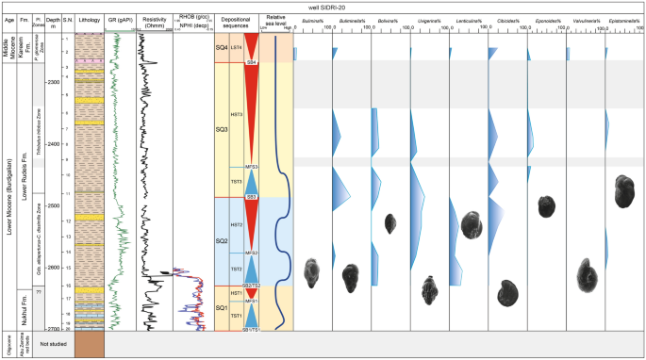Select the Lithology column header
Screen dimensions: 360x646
pyautogui.click(x=90, y=19)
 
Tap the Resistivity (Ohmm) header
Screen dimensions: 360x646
pyautogui.click(x=156, y=21)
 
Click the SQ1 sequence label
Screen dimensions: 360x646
pyautogui.click(x=223, y=308)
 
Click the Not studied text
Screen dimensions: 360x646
pyautogui.click(x=53, y=346)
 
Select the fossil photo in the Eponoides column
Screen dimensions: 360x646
pyautogui.click(x=545, y=205)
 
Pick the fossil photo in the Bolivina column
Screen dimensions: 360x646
pyautogui.click(x=390, y=223)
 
